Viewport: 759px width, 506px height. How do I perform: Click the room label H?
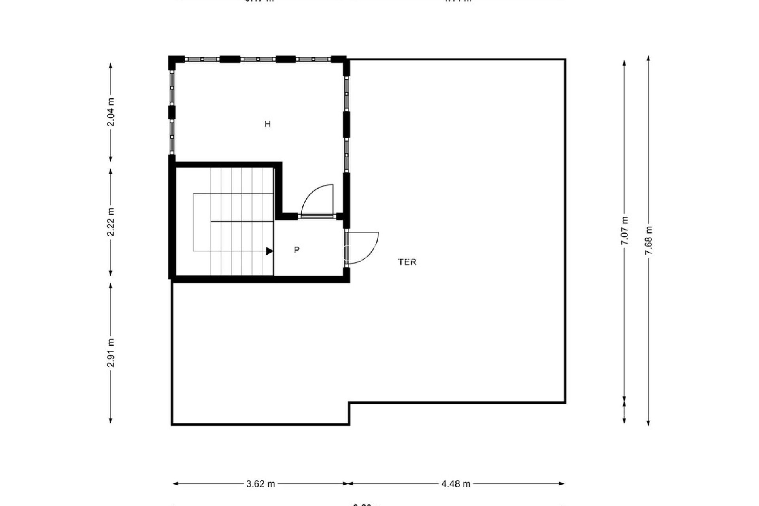pos(268,124)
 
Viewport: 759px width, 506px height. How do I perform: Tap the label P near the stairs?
pos(297,250)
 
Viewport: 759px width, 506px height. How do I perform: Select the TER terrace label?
pos(408,262)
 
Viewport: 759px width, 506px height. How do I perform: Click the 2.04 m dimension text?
pos(111,112)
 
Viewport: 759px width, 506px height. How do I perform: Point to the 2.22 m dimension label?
pos(111,222)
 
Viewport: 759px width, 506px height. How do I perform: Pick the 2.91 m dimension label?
pos(111,353)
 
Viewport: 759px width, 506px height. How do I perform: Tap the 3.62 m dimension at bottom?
pos(261,483)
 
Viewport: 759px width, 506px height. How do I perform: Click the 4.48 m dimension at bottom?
pos(456,483)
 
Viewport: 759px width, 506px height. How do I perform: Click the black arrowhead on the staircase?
pos(270,251)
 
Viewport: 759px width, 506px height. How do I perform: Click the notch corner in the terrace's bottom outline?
pos(349,403)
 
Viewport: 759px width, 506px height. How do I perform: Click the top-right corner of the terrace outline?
pos(565,60)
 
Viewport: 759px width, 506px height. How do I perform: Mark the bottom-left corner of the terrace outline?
pos(172,424)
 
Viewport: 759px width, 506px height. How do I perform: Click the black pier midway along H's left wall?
pos(172,112)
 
